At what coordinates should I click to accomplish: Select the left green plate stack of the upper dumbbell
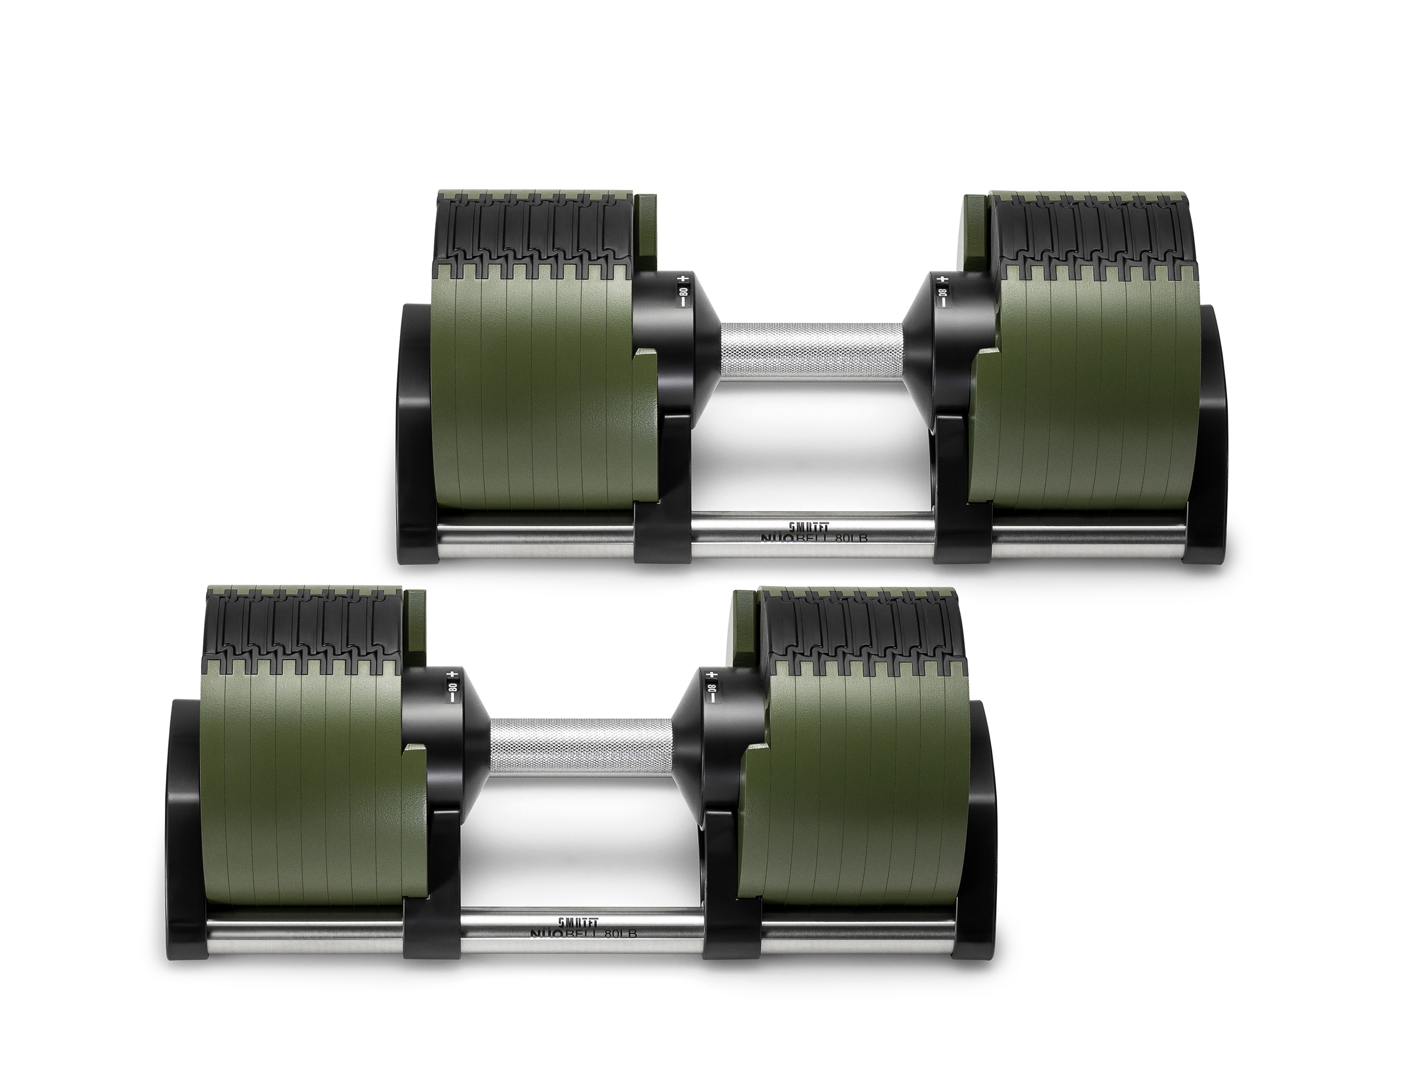click(x=526, y=390)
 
